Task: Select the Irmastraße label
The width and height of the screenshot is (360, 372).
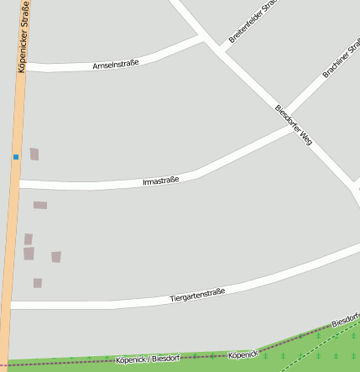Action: point(161,180)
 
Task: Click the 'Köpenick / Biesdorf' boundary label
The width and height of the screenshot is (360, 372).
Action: point(149,359)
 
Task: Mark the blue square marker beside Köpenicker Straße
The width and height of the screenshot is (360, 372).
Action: point(15,156)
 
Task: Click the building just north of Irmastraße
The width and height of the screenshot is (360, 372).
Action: point(34,154)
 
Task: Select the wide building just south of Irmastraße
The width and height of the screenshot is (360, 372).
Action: point(40,205)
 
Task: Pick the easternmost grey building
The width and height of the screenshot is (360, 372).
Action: point(56,256)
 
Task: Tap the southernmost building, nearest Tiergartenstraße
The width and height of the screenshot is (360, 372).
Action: point(38,283)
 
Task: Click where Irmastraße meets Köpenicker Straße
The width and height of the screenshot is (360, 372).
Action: point(17,184)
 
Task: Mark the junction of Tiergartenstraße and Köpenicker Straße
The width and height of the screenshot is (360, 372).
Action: point(10,305)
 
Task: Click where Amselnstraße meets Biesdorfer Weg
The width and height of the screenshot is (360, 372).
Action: point(204,39)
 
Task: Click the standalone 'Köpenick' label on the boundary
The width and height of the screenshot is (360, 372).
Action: point(243,355)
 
